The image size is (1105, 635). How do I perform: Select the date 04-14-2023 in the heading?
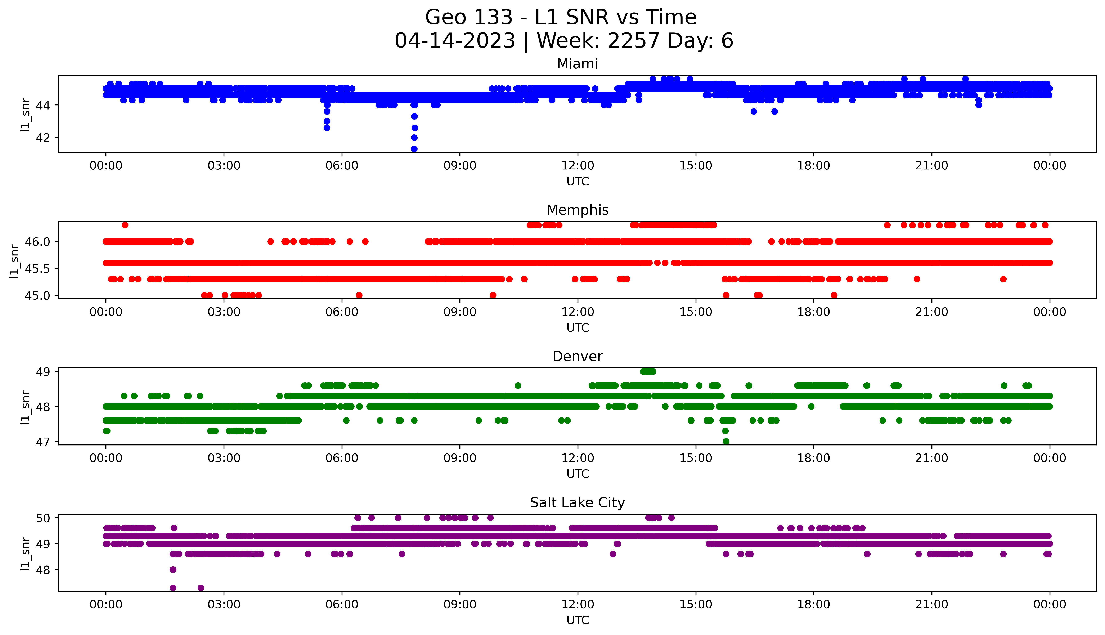point(455,41)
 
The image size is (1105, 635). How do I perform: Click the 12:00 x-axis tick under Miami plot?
point(578,166)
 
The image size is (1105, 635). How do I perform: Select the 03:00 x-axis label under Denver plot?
point(224,458)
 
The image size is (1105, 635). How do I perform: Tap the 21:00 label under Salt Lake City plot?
point(931,604)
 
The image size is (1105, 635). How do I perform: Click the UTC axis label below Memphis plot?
point(578,327)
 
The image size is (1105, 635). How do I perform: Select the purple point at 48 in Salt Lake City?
point(173,570)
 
